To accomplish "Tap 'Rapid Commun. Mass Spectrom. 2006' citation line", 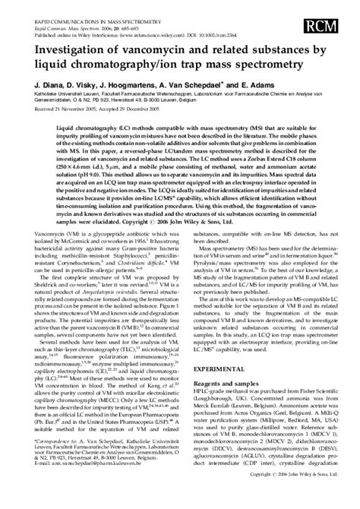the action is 61,15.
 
